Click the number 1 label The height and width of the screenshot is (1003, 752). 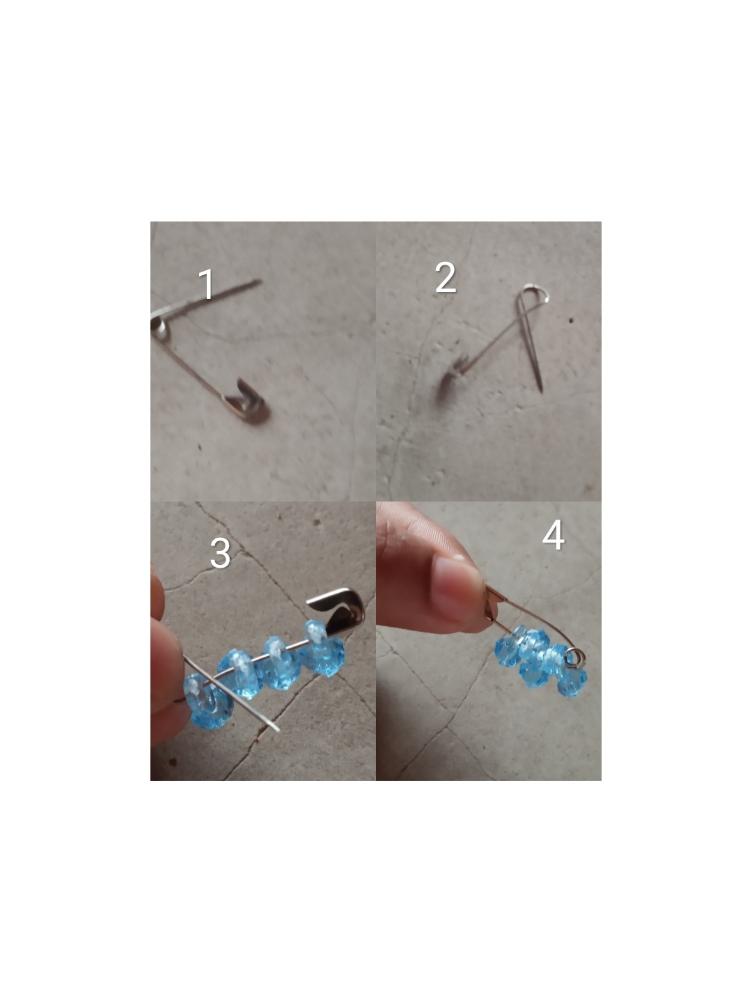point(207,284)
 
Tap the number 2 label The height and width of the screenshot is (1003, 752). point(446,277)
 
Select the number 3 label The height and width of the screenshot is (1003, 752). point(220,553)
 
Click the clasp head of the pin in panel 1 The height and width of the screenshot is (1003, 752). point(247,401)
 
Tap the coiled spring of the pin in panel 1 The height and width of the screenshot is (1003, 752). point(159,328)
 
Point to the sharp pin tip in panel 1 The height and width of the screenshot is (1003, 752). point(258,281)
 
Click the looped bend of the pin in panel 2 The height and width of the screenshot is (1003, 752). point(536,293)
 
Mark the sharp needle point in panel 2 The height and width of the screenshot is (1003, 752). point(542,390)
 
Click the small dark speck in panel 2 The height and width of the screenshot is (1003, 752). point(571,321)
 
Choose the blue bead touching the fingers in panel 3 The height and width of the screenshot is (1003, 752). point(207,701)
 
